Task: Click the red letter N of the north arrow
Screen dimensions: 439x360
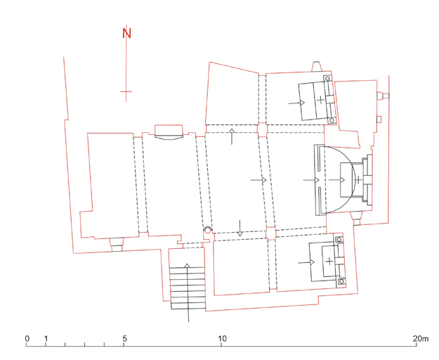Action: coord(126,33)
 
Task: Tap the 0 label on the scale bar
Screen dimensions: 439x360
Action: coord(27,338)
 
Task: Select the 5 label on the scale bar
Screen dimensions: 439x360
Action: coord(124,338)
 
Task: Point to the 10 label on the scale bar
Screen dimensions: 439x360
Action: coord(222,338)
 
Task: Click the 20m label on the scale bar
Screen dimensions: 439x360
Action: coord(421,338)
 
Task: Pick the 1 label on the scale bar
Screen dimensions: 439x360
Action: coord(46,338)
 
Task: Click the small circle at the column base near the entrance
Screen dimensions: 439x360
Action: coord(208,230)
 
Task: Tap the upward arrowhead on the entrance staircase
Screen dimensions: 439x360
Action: coord(188,266)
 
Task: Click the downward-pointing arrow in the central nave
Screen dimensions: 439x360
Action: coord(240,229)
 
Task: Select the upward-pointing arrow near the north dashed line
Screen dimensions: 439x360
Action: coord(232,136)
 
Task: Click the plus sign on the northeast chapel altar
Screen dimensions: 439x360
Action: coord(320,100)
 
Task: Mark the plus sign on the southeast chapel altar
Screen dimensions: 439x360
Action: coord(330,262)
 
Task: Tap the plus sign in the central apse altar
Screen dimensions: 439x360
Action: coord(358,179)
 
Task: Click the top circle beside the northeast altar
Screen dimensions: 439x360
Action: coord(327,79)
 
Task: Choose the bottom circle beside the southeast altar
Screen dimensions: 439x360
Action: coord(341,281)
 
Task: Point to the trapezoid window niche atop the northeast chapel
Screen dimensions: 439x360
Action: coord(317,66)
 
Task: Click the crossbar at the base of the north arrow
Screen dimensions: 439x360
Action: coord(126,91)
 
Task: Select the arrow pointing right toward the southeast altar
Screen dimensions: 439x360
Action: coord(306,262)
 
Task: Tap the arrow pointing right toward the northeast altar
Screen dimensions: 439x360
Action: coord(296,103)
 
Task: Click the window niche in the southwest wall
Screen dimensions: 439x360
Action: coord(117,245)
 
